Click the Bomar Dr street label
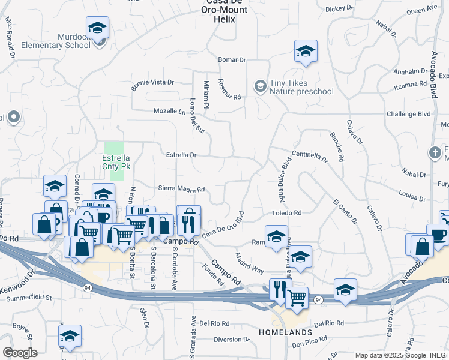pyautogui.click(x=233, y=60)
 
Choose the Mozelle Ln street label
pyautogui.click(x=169, y=112)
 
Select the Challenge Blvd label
pyautogui.click(x=409, y=113)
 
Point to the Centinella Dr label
pyautogui.click(x=310, y=157)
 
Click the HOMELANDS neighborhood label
pyautogui.click(x=286, y=332)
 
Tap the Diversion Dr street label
pyautogui.click(x=231, y=340)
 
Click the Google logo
pyautogui.click(x=20, y=353)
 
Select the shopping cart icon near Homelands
pyautogui.click(x=297, y=296)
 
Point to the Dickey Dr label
pyautogui.click(x=340, y=8)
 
